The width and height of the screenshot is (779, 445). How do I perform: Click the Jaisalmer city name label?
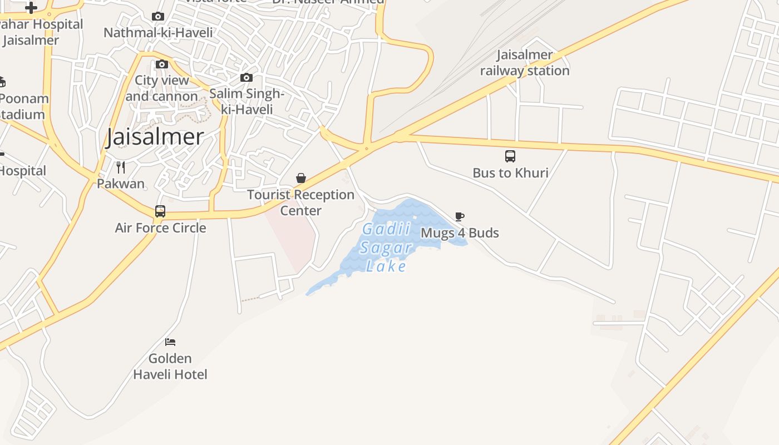click(x=155, y=137)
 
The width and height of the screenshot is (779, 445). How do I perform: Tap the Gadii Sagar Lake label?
click(x=387, y=248)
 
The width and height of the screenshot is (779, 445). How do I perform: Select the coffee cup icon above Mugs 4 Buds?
click(x=460, y=216)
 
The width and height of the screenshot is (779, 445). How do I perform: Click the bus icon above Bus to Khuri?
click(x=510, y=156)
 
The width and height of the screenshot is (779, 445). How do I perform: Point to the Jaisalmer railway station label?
click(x=525, y=63)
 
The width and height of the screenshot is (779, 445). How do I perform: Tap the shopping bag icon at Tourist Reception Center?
click(x=301, y=178)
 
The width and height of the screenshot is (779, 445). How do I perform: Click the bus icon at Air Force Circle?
click(x=160, y=211)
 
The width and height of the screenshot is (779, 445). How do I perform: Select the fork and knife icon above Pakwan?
click(x=121, y=167)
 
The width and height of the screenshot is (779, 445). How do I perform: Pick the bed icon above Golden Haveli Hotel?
click(x=170, y=342)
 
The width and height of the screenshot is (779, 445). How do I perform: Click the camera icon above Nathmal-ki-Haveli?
click(x=158, y=17)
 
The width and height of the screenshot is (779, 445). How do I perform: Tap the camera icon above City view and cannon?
click(x=162, y=65)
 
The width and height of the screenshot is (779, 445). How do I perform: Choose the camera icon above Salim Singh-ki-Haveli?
click(x=246, y=78)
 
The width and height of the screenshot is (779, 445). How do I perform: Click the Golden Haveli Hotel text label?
click(x=170, y=367)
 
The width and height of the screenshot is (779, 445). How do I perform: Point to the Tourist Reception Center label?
click(x=300, y=202)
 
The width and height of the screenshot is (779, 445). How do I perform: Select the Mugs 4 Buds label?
click(x=460, y=233)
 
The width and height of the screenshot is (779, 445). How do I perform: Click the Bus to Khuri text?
click(x=510, y=173)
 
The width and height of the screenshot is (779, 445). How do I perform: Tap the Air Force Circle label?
click(x=160, y=228)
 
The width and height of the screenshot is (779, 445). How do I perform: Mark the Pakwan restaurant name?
click(x=121, y=184)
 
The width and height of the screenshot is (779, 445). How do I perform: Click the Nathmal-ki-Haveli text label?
click(x=158, y=33)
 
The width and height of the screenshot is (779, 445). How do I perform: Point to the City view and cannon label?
click(x=162, y=88)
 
